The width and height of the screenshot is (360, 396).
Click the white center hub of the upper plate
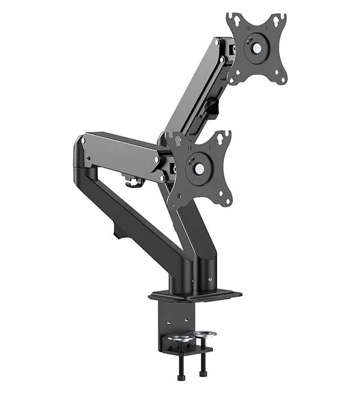click(256, 46)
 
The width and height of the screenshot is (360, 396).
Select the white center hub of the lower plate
click(199, 170)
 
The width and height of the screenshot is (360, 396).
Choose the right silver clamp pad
click(206, 334)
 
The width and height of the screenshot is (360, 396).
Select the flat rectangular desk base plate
click(195, 295)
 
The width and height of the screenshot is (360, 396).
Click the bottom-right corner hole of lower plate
click(226, 199)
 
